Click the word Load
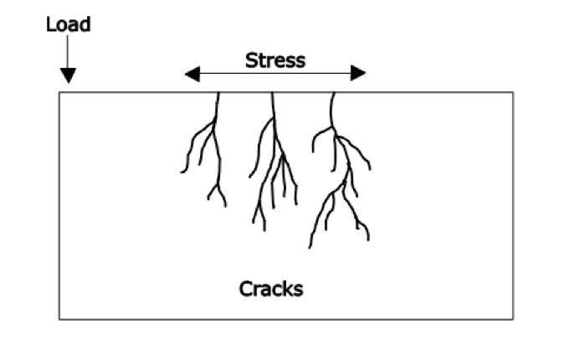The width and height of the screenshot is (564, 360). click(68, 23)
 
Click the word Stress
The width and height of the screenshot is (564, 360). click(275, 60)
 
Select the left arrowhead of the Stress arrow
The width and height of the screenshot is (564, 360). click(192, 74)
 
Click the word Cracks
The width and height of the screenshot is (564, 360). click(271, 290)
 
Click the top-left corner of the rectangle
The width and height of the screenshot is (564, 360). click(59, 91)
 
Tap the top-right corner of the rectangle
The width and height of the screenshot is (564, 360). click(513, 91)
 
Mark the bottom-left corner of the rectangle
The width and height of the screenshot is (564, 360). click(59, 319)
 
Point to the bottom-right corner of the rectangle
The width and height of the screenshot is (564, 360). click(513, 319)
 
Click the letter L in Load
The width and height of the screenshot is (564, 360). click(50, 23)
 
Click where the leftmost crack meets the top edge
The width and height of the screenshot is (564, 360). click(218, 92)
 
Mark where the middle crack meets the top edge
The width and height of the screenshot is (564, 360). click(274, 92)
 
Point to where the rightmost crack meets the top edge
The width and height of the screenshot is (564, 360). click(334, 92)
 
